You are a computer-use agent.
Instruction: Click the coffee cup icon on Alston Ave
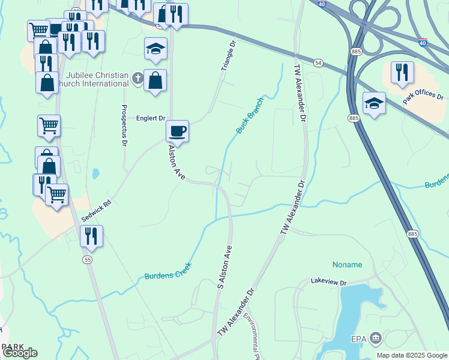177,131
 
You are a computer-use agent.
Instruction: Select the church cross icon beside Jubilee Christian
137,78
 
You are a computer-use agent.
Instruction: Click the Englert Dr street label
151,119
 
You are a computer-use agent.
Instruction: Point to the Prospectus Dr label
125,125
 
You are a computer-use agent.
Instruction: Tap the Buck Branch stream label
250,115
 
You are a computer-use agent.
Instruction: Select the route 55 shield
88,259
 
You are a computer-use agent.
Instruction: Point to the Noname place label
348,265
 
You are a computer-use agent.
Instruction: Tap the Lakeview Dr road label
329,281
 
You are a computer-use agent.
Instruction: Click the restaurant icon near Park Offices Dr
402,73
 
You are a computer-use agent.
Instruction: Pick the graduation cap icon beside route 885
374,103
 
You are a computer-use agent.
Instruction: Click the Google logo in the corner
20,353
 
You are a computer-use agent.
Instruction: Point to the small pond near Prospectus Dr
95,174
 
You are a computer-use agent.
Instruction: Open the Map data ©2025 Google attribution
412,355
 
